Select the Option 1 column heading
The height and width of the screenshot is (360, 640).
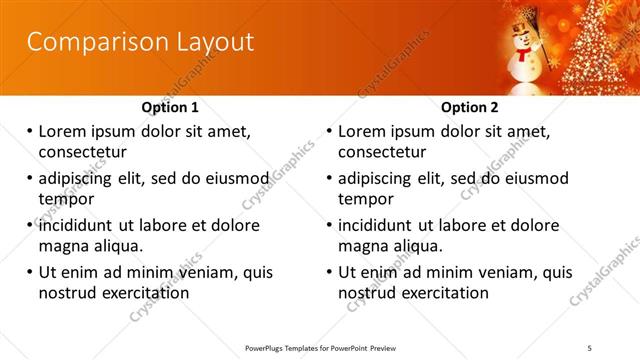pos(171,107)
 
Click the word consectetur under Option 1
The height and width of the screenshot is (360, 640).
pos(82,152)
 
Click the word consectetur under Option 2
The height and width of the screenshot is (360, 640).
pos(382,152)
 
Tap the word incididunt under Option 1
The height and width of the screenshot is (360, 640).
pos(76,225)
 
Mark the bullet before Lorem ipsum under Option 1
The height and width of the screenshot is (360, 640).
pos(29,131)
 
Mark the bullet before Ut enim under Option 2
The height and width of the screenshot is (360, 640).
pos(329,272)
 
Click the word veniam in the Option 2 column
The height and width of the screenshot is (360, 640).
pos(518,272)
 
